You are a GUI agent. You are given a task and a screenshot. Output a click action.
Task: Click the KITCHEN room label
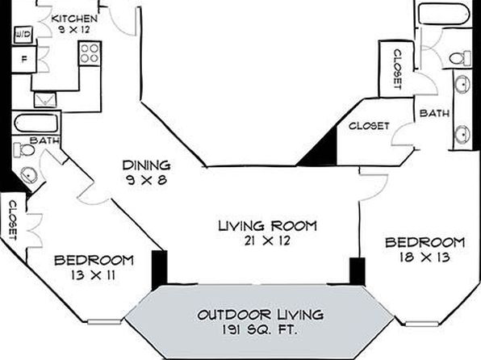click(74, 19)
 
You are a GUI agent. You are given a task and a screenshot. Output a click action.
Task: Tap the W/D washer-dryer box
click(23, 35)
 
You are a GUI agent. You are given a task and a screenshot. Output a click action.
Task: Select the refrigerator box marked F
click(24, 59)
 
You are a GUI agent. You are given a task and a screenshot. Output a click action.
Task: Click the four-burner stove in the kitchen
click(90, 53)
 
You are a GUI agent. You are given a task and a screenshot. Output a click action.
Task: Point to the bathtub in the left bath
click(36, 123)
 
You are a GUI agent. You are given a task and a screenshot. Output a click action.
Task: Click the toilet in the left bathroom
click(24, 151)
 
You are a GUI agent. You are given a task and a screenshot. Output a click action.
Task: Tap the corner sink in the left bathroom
click(29, 175)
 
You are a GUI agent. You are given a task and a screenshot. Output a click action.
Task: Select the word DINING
click(146, 165)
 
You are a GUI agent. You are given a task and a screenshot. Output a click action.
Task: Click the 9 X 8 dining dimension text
click(146, 179)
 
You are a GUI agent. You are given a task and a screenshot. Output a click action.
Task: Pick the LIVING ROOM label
click(267, 226)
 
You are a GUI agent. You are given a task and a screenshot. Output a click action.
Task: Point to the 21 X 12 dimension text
click(267, 241)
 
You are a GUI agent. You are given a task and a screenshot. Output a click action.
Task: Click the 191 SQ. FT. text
click(259, 330)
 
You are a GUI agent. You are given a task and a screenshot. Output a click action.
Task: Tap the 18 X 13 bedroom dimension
click(425, 257)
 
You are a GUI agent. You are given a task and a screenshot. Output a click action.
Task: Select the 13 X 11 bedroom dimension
click(93, 274)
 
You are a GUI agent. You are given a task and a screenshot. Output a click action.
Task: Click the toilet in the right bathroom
click(460, 57)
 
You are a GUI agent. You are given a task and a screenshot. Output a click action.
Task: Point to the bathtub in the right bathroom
click(444, 13)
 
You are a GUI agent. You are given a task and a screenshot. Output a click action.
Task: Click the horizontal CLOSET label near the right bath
click(369, 126)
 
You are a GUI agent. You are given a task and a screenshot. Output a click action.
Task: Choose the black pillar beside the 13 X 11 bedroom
click(160, 269)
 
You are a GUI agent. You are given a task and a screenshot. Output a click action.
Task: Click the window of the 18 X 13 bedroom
click(422, 324)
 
